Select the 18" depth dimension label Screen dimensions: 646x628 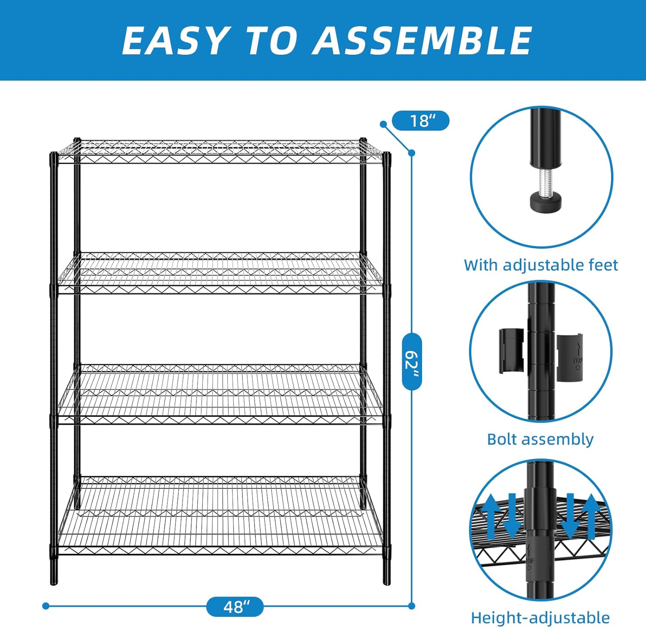point(421,121)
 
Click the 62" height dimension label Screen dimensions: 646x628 point(412,361)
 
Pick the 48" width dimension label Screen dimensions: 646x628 point(235,606)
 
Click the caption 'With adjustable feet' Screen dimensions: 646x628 point(540,265)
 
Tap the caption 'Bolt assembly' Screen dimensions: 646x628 point(540,439)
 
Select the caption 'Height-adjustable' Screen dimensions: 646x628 point(540,618)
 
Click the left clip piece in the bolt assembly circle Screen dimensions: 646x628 point(512,350)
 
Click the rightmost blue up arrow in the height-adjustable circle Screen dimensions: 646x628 point(592,516)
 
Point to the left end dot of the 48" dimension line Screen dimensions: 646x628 point(46,606)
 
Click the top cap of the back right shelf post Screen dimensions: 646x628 point(363,141)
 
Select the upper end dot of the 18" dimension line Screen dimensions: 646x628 point(383,124)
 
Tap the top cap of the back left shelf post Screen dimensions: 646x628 point(77,141)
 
